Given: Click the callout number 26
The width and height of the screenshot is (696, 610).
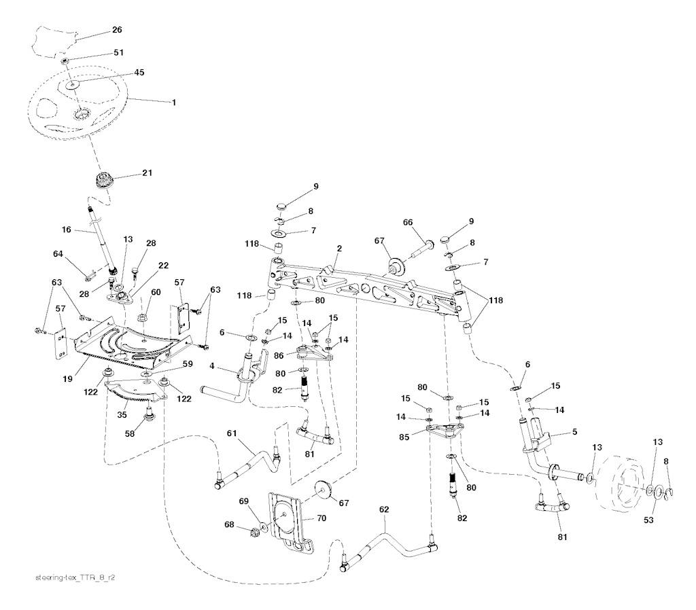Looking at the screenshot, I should point(117,31).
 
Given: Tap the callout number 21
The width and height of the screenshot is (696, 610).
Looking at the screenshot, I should point(147,173).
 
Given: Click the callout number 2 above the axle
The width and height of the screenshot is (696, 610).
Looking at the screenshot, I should point(338,250).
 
